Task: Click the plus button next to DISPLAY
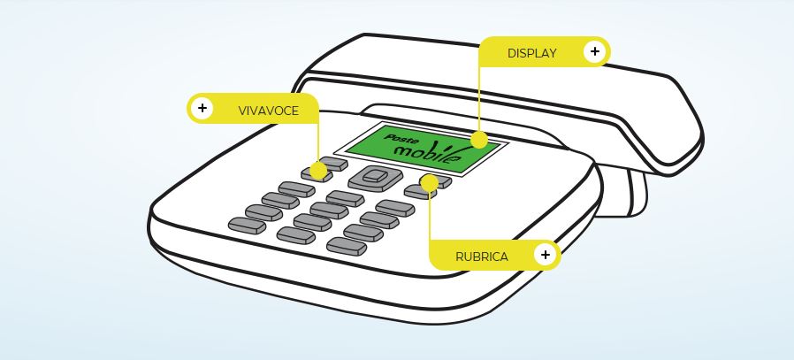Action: coord(594,52)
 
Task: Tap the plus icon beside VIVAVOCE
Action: coord(202,109)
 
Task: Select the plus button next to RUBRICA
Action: coord(546,256)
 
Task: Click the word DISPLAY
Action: coord(531,53)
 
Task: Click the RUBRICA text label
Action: coord(482,257)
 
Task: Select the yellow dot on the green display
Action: coord(478,140)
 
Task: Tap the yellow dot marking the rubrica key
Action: coord(429,182)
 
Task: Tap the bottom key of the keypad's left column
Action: coord(248,226)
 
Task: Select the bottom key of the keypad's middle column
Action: coord(296,235)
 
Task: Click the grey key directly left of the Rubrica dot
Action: coord(414,189)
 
